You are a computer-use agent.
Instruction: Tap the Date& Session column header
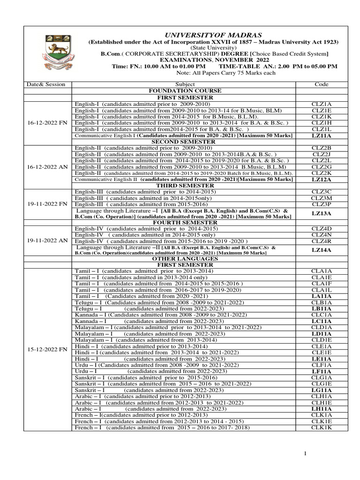46,84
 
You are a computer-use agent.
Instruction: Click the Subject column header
184,84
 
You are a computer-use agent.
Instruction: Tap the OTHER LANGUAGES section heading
184,259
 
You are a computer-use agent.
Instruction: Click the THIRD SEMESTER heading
184,186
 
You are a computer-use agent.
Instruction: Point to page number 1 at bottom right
305,453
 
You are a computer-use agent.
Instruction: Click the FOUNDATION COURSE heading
184,90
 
